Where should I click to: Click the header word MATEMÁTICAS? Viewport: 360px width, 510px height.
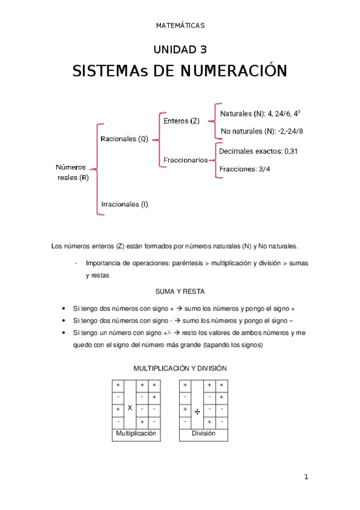click(x=180, y=25)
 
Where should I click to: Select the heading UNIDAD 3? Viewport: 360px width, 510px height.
click(x=180, y=49)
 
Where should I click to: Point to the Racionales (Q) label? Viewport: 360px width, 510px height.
click(x=124, y=139)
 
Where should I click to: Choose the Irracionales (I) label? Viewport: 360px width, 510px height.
click(x=124, y=204)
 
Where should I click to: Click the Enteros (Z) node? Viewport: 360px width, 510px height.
click(x=182, y=121)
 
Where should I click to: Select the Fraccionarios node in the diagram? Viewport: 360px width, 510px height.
click(x=185, y=160)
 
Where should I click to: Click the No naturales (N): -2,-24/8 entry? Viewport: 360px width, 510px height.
click(x=261, y=131)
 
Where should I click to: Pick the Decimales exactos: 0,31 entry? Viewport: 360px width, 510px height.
click(x=258, y=152)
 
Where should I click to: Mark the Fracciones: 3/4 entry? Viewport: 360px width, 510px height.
click(x=245, y=169)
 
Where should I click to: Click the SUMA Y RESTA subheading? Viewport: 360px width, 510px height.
click(x=180, y=292)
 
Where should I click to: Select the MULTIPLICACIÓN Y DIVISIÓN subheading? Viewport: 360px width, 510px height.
click(x=180, y=368)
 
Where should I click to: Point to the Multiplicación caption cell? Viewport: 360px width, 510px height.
click(x=136, y=434)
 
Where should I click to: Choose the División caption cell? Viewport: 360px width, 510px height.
click(x=203, y=434)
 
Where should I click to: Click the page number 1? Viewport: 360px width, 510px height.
click(x=306, y=477)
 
